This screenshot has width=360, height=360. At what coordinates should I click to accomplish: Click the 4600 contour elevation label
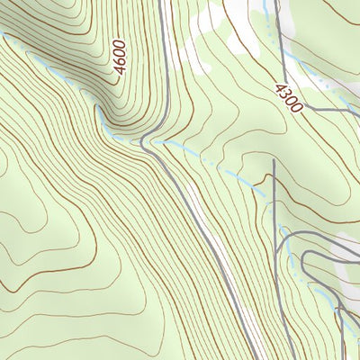121,56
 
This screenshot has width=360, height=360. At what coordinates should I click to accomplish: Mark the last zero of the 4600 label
123,43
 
